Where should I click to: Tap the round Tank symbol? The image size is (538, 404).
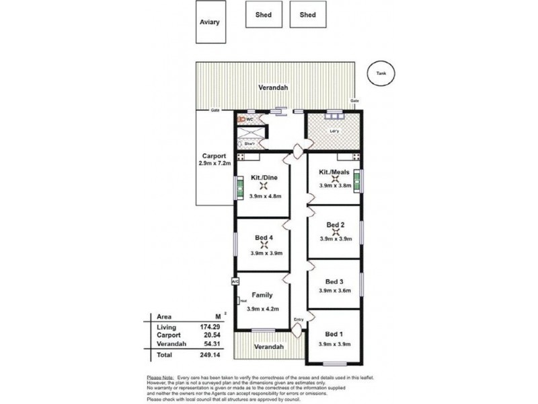click(381, 73)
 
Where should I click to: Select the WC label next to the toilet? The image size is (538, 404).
click(249, 119)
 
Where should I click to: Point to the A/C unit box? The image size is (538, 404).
click(235, 281)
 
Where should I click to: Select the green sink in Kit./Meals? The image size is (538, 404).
click(357, 181)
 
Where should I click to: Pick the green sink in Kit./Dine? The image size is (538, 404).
click(239, 189)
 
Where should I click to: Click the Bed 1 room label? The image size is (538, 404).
click(334, 335)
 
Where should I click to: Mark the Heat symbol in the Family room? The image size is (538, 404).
click(241, 301)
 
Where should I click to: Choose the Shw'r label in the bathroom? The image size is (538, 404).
click(249, 143)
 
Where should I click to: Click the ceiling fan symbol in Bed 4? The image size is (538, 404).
click(263, 246)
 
